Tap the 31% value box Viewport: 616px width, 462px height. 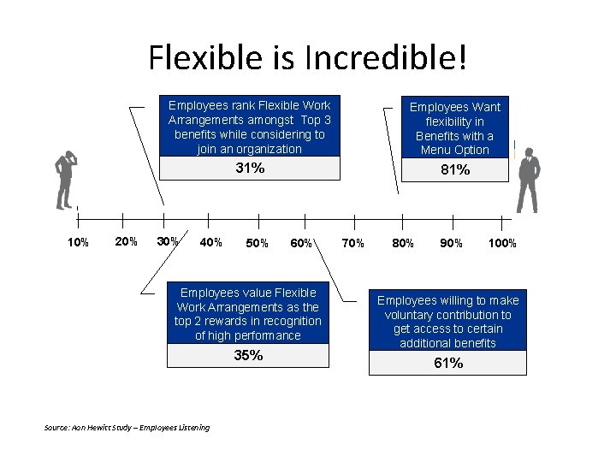point(249,169)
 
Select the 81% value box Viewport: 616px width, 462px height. point(455,169)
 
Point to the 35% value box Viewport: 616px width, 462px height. point(249,355)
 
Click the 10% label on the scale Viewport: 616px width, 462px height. point(78,242)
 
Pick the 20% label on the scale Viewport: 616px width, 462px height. point(126,241)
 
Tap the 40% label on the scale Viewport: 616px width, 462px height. point(210,242)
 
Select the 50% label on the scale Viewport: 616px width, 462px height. point(257,243)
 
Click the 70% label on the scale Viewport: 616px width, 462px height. point(352,243)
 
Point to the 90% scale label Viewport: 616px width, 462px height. point(451,243)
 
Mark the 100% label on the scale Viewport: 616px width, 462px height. point(502,243)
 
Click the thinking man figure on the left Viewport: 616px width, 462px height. point(64,180)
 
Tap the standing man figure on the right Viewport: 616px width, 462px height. point(527,180)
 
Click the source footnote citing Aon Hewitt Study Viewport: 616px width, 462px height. point(126,427)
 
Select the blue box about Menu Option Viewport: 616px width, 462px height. point(455,127)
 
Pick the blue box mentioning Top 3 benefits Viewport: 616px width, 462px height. point(249,127)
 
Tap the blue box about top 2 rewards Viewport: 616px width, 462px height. point(248,314)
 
